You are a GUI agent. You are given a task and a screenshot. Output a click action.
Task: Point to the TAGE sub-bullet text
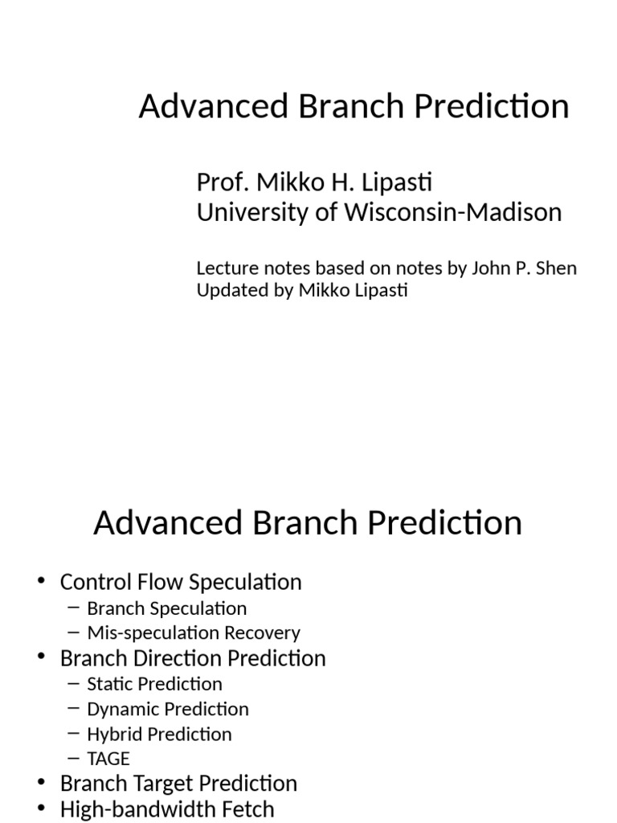click(x=108, y=759)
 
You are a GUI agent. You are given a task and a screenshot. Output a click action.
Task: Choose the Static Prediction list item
click(x=154, y=684)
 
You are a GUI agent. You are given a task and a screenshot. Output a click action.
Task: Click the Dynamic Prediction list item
click(x=167, y=709)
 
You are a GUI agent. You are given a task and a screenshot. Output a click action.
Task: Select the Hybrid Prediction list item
click(x=159, y=734)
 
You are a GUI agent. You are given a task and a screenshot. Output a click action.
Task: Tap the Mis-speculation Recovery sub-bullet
click(x=193, y=633)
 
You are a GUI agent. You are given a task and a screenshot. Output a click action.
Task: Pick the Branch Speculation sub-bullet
click(x=166, y=608)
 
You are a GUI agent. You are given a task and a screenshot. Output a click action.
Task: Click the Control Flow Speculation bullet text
click(x=181, y=582)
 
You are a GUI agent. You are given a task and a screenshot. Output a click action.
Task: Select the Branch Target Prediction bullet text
click(x=178, y=784)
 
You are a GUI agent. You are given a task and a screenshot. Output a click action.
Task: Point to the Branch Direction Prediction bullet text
click(x=193, y=658)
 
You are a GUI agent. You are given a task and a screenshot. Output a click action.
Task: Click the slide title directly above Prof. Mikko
click(x=353, y=106)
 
